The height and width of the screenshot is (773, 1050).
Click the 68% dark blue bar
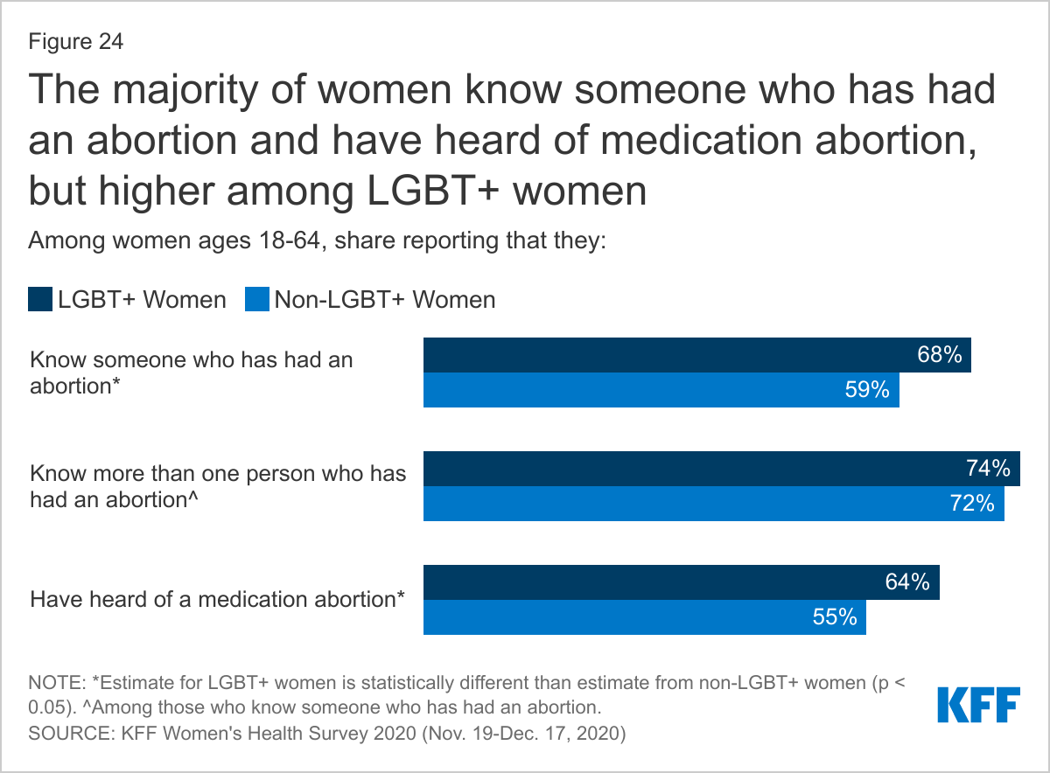(x=696, y=355)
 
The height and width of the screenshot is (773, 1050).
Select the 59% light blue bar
(x=661, y=390)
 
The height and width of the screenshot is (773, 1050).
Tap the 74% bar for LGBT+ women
(x=721, y=469)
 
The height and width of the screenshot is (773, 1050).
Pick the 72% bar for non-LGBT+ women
(x=713, y=504)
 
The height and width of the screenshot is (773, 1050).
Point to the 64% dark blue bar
(x=681, y=582)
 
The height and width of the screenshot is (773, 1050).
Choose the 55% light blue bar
(x=644, y=617)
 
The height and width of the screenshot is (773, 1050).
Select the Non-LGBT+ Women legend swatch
(x=257, y=300)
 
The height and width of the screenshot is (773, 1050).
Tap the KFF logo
(x=978, y=704)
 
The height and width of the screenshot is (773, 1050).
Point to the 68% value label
(x=941, y=355)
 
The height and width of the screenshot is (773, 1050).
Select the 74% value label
(x=990, y=469)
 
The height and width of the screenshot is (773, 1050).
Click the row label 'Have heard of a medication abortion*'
(x=218, y=600)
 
